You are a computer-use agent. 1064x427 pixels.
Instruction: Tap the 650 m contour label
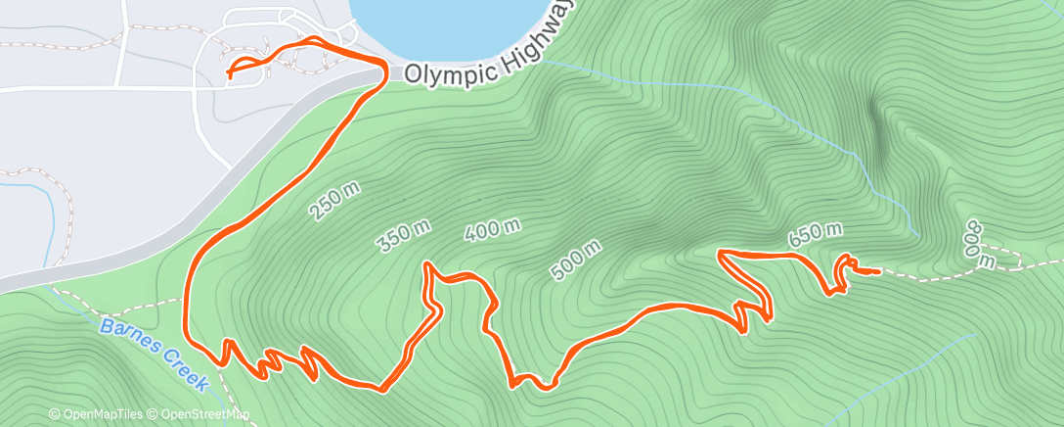tap(815, 232)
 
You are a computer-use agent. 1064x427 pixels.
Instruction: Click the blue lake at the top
tap(445, 24)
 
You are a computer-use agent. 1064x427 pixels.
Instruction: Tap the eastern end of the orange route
tap(879, 270)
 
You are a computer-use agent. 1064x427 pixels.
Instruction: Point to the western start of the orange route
tap(229, 72)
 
